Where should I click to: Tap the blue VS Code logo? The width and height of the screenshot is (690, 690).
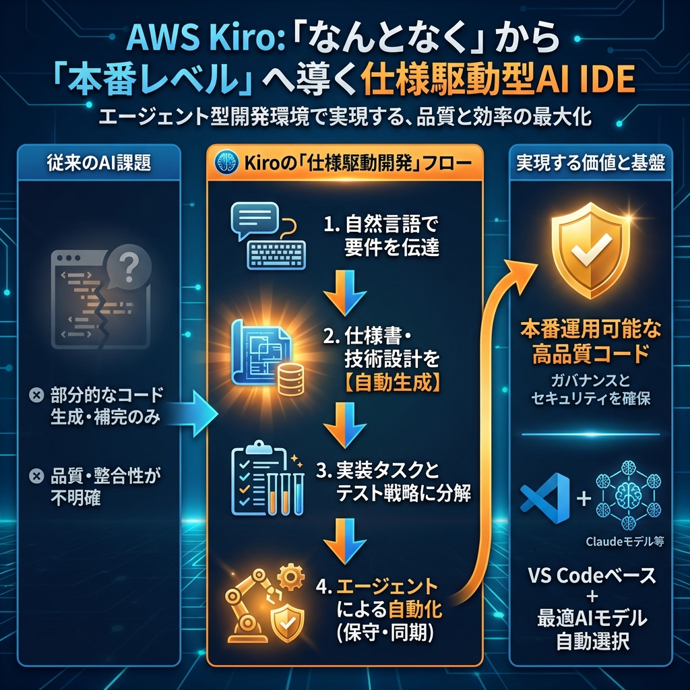545,499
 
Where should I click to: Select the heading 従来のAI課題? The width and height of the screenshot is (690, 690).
99,164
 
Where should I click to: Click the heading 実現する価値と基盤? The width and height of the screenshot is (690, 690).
590,164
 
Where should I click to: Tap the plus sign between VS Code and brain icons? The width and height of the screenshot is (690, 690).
584,499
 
